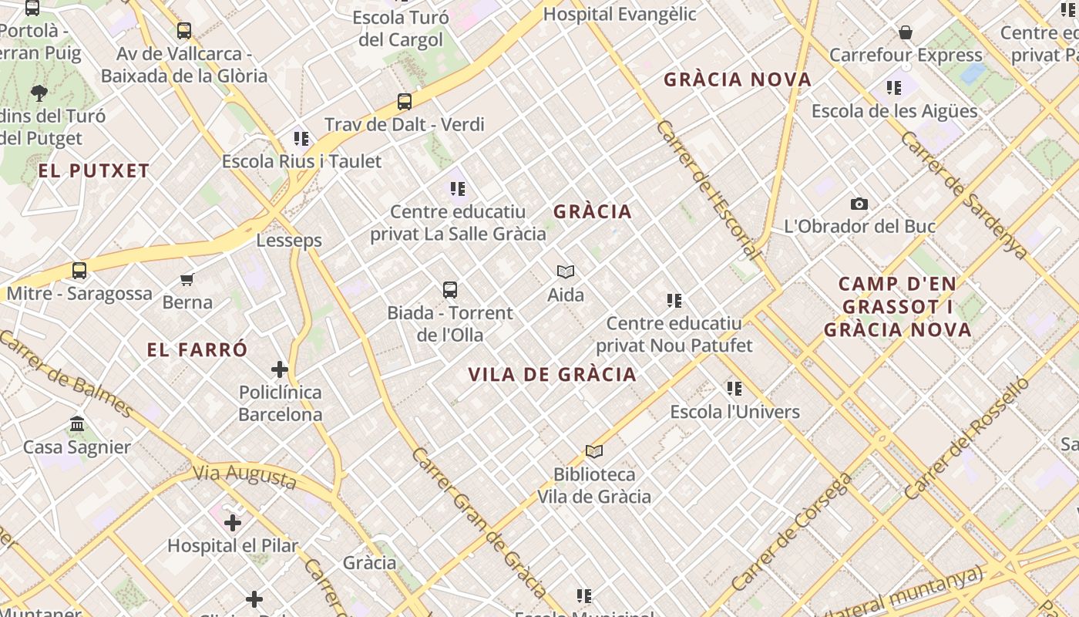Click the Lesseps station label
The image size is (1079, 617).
[x=289, y=241]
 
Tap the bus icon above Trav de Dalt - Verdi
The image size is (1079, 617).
[x=405, y=101]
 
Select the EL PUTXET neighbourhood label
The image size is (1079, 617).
[x=94, y=171]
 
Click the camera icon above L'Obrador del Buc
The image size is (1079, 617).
[x=859, y=204]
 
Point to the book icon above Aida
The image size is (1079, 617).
[x=566, y=271]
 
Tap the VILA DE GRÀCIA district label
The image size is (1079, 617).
[x=553, y=375]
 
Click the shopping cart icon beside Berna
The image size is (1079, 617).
[x=187, y=279]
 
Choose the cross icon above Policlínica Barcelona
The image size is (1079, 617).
[x=280, y=369]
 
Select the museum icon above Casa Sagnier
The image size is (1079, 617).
[x=77, y=424]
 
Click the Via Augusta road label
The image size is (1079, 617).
[x=244, y=477]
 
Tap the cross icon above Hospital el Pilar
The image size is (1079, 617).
[x=233, y=523]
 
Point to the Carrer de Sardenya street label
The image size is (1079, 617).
[x=963, y=195]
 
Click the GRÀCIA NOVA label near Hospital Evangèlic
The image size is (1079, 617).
[x=738, y=79]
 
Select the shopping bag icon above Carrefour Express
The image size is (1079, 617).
[x=906, y=32]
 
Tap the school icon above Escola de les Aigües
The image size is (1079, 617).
[x=894, y=88]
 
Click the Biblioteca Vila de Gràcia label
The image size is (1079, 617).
[x=594, y=485]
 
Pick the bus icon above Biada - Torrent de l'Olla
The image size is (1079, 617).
[x=450, y=290]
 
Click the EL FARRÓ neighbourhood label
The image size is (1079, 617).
[x=197, y=350]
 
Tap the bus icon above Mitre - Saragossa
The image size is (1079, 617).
[x=79, y=271]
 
